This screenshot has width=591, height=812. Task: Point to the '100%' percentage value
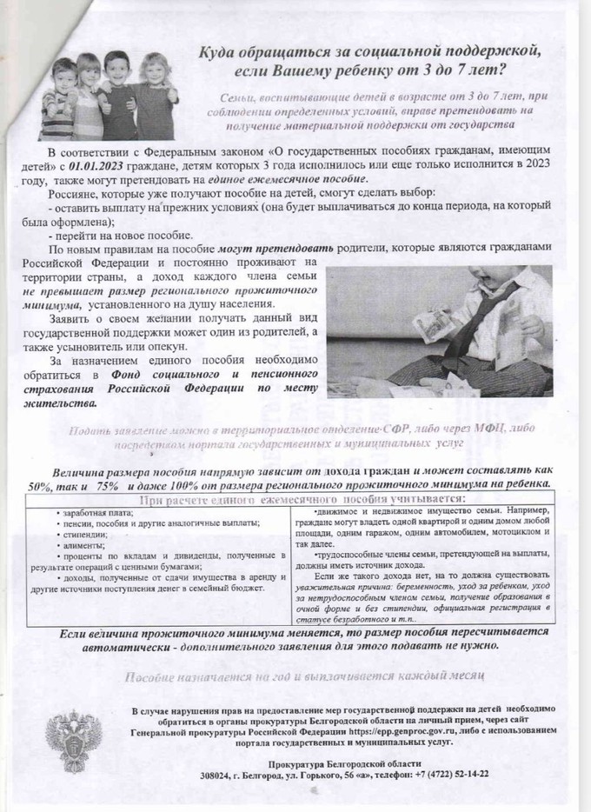[182, 483]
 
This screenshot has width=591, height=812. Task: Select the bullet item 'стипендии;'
[84, 535]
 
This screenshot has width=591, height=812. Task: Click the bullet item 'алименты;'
[83, 546]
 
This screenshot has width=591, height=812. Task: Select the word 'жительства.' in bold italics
[60, 403]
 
